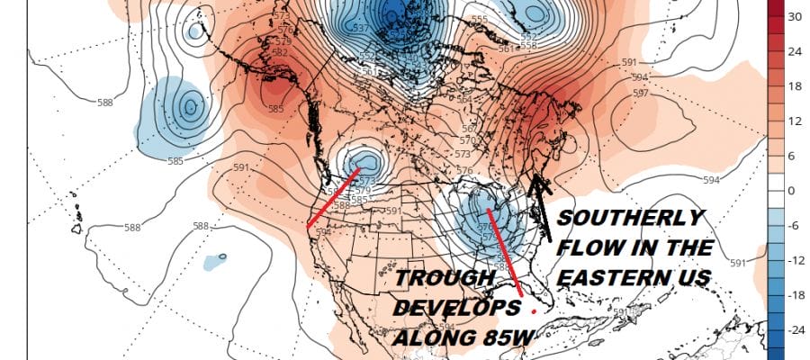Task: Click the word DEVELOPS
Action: coord(457,308)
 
